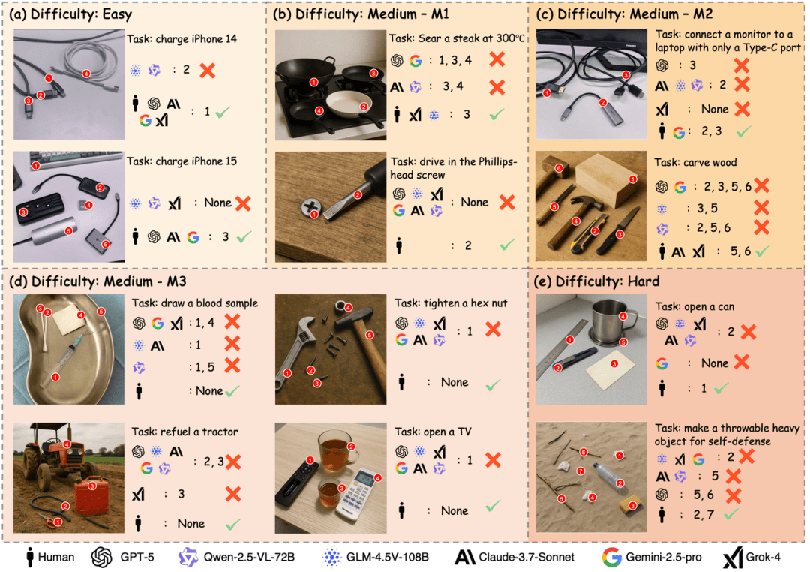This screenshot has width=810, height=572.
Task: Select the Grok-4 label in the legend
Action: pos(751,557)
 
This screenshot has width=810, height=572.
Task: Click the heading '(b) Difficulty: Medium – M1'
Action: pos(361,14)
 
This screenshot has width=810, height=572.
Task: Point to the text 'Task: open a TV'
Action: pos(433,432)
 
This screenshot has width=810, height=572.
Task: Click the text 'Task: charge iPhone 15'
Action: pos(181,161)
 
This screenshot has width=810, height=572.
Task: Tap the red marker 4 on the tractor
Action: pos(67,444)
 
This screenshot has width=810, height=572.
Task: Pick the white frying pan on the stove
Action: pos(349,104)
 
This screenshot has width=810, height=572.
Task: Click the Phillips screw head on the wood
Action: pos(311,207)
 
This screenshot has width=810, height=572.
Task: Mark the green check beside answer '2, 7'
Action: pos(731,514)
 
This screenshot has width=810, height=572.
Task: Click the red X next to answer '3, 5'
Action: pos(761,208)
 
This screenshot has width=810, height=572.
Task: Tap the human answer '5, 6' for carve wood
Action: pos(740,251)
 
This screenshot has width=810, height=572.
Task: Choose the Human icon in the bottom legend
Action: pos(31,557)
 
